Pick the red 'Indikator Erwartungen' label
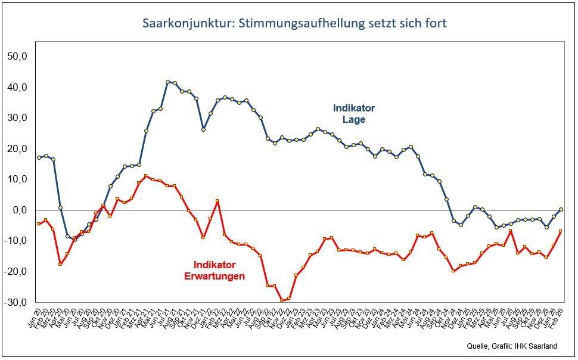[219, 270]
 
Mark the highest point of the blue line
[167, 82]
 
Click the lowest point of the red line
[282, 300]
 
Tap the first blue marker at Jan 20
[39, 157]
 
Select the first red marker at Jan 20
[39, 224]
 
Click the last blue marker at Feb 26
[561, 209]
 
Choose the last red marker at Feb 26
[561, 231]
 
